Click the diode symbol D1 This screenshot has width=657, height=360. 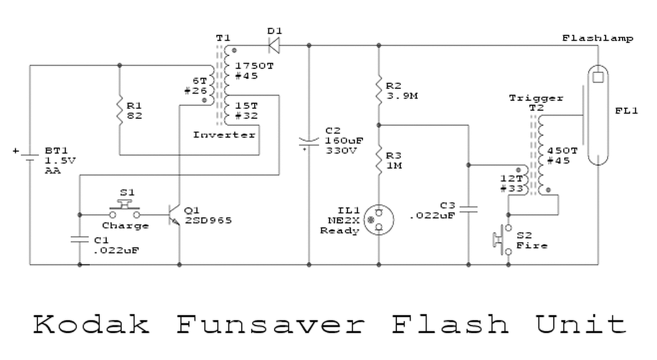coord(274,46)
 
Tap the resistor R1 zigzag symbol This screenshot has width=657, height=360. coord(119,109)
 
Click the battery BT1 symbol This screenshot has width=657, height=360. coord(29,157)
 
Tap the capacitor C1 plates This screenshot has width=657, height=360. coord(80,239)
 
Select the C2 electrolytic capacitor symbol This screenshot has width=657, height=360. coord(308,143)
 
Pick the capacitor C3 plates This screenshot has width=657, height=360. coord(468,209)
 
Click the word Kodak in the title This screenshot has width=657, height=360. coord(91,324)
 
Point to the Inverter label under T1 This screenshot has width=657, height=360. coord(224,135)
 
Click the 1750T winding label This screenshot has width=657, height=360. coord(249,66)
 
